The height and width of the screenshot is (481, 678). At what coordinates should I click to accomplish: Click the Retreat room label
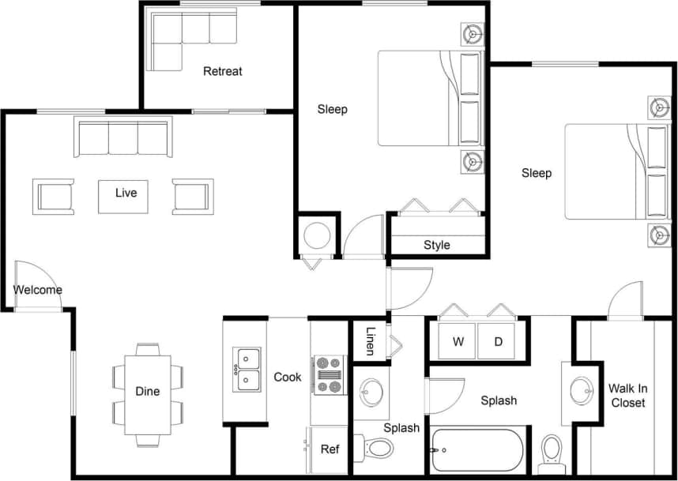pos(222,71)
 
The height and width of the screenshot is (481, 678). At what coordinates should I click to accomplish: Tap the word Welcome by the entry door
pos(37,290)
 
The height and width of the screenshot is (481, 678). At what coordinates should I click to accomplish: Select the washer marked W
pos(458,342)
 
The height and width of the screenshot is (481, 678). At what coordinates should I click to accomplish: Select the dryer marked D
pos(498,342)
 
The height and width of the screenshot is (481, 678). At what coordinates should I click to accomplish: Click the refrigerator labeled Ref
pos(329,449)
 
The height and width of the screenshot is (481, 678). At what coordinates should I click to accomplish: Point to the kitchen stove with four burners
pos(329,375)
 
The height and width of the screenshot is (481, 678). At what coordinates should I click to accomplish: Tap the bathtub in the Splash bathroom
pos(477,450)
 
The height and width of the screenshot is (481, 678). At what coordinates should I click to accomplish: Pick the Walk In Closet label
pos(627,396)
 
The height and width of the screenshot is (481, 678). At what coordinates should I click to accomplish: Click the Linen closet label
pos(370,341)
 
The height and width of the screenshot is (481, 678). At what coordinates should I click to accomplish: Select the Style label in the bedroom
pos(436,245)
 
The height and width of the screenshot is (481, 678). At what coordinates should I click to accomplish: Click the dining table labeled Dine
pos(148,392)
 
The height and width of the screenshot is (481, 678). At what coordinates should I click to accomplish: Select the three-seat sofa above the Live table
pos(122,137)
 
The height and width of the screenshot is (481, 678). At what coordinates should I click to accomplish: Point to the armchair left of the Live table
pos(54,196)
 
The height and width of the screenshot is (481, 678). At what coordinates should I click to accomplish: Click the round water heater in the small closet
pos(318,235)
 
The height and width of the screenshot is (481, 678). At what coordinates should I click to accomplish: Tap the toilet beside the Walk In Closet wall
pos(552,450)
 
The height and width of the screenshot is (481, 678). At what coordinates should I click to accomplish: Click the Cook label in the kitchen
pos(287,377)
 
